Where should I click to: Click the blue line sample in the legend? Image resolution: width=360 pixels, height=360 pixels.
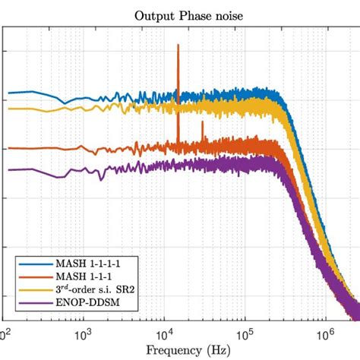point(35,264)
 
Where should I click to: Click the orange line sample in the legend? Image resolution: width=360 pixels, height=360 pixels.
point(35,276)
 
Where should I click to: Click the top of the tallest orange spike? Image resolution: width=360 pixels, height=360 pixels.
point(178,46)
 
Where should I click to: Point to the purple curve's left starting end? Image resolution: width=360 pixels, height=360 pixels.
point(9,170)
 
